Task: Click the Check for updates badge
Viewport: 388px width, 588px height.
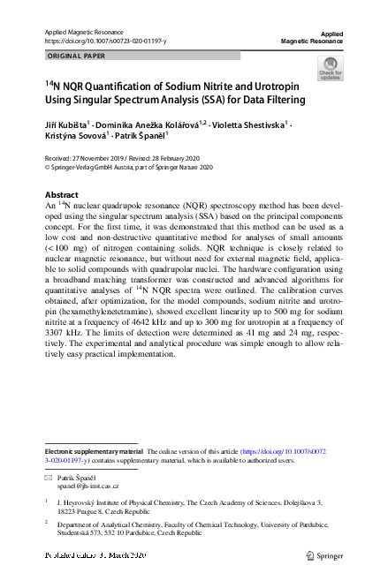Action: [x=331, y=68]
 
